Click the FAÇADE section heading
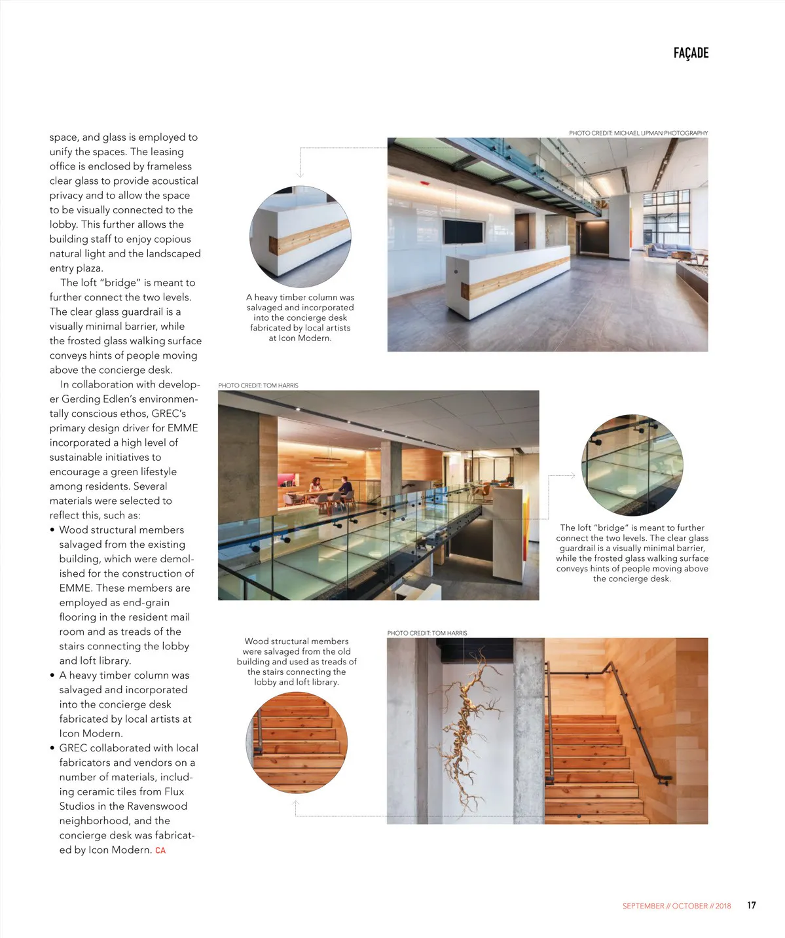click(691, 53)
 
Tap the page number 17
click(751, 905)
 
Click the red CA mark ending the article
click(160, 850)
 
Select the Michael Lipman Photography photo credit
click(638, 133)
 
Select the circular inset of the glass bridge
click(632, 465)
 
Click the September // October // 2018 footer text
click(676, 906)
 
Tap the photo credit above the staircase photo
click(427, 633)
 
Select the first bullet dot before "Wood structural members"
click(52, 530)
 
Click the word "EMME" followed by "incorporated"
click(183, 428)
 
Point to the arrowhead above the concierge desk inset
click(300, 175)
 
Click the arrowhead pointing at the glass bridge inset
click(572, 475)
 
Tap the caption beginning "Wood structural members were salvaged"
click(297, 661)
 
